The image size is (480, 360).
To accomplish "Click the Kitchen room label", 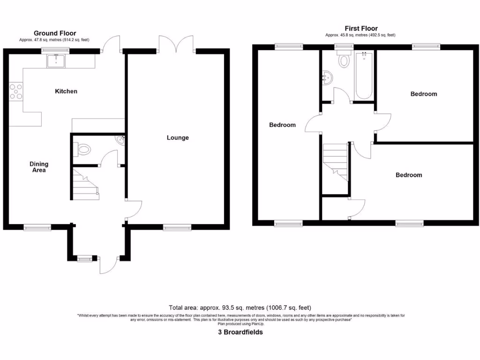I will [x=66, y=91].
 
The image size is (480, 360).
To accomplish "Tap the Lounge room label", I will [x=178, y=138].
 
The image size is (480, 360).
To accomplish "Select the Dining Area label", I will [x=39, y=167].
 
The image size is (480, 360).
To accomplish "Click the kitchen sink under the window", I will [x=56, y=60].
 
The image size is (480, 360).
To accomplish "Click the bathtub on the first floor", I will [x=363, y=76].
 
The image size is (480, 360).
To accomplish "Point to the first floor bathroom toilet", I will [x=345, y=60].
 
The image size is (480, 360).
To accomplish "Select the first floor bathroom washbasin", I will [x=327, y=79].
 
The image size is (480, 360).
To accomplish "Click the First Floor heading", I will [x=361, y=29].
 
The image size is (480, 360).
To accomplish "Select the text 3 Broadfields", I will [x=240, y=332].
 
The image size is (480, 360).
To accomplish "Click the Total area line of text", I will [x=240, y=308].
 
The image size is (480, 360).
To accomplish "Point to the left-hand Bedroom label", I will [x=282, y=125].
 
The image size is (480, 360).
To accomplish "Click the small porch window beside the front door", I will [x=85, y=257].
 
